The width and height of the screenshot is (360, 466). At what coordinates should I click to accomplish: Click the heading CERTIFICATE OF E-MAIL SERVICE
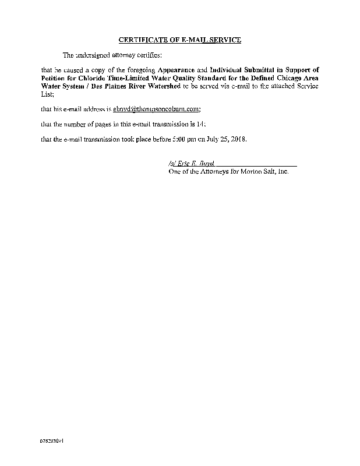coord(179,40)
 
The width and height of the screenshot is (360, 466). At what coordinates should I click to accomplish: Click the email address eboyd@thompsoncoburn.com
coord(156,109)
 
